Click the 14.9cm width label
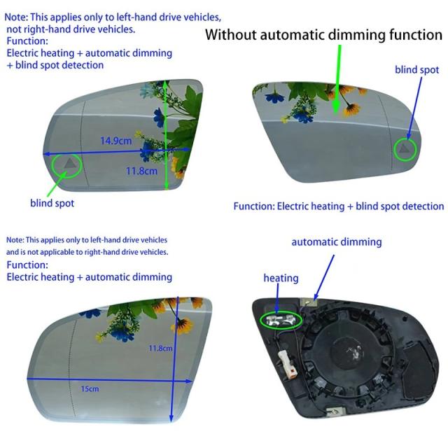pyautogui.click(x=116, y=141)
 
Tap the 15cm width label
pyautogui.click(x=90, y=389)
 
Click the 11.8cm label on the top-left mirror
pyautogui.click(x=141, y=171)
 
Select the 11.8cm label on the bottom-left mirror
pyautogui.click(x=160, y=348)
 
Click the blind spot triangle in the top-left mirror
pyautogui.click(x=70, y=163)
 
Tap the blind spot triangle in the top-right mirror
pyautogui.click(x=403, y=148)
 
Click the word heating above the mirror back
pyautogui.click(x=281, y=278)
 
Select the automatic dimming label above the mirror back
pyautogui.click(x=337, y=241)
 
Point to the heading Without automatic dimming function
pyautogui.click(x=323, y=34)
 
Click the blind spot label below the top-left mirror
pyautogui.click(x=52, y=203)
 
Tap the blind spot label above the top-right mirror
pyautogui.click(x=417, y=70)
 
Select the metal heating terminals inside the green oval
pyautogui.click(x=280, y=320)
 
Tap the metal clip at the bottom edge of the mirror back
pyautogui.click(x=335, y=411)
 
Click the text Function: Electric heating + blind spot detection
pyautogui.click(x=339, y=206)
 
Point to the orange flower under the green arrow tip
pyautogui.click(x=351, y=109)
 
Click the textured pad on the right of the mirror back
pyautogui.click(x=419, y=370)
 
